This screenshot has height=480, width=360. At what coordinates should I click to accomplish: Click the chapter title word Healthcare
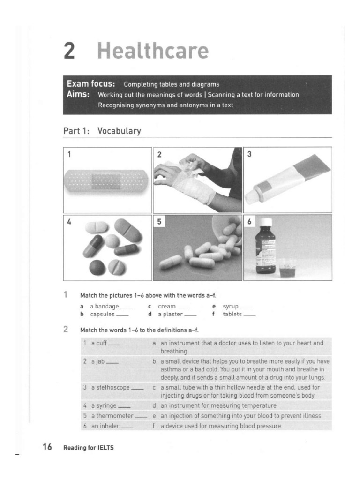[x=152, y=51]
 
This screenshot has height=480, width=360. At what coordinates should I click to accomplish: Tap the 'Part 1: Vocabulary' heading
[x=102, y=131]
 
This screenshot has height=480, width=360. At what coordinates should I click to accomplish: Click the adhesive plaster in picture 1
[x=107, y=181]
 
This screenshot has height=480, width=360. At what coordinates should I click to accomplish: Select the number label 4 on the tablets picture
[x=69, y=222]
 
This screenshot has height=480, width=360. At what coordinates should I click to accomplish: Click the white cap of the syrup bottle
[x=266, y=222]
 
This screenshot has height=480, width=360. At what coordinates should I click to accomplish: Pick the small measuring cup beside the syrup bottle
[x=287, y=268]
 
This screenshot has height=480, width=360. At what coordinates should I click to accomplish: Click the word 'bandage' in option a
[x=107, y=306]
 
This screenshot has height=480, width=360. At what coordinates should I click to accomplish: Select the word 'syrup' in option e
[x=231, y=306]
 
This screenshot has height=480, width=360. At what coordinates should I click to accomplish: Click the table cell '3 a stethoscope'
[x=113, y=388]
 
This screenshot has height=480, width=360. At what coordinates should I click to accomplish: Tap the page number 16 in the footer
[x=47, y=447]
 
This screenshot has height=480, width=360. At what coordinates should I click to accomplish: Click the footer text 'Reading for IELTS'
[x=89, y=448]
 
